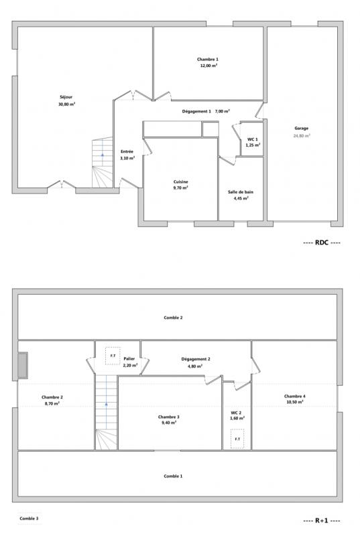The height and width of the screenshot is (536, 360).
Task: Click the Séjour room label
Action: pos(66,97)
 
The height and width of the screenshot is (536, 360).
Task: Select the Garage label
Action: pos(302,129)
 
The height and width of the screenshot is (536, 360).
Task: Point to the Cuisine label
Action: pos(180,182)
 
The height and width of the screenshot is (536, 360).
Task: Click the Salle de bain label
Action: pos(241,192)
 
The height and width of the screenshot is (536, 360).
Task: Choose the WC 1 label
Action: pos(253,139)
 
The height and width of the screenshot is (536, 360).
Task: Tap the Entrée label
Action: pos(127,151)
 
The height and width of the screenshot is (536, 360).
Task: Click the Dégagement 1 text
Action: pos(196,111)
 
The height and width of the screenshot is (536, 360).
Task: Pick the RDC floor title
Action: pos(322,243)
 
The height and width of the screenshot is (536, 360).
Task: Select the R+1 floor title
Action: pos(322,521)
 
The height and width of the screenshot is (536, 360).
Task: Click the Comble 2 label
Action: pos(173,318)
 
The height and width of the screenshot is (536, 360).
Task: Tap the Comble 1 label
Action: pos(173,476)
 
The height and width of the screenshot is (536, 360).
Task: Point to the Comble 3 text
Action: pos(29,518)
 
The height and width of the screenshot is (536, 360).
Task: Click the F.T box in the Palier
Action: pos(113,356)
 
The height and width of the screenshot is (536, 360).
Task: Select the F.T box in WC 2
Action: pos(237,439)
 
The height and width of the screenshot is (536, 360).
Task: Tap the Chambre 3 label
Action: pos(168,417)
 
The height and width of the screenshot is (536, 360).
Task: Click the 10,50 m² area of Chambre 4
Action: pos(295,402)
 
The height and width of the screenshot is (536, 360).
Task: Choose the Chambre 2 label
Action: pos(52,397)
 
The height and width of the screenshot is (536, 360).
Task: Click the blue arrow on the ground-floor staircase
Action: pos(102,155)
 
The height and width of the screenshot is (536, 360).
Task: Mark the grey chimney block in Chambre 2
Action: pos(23,365)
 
